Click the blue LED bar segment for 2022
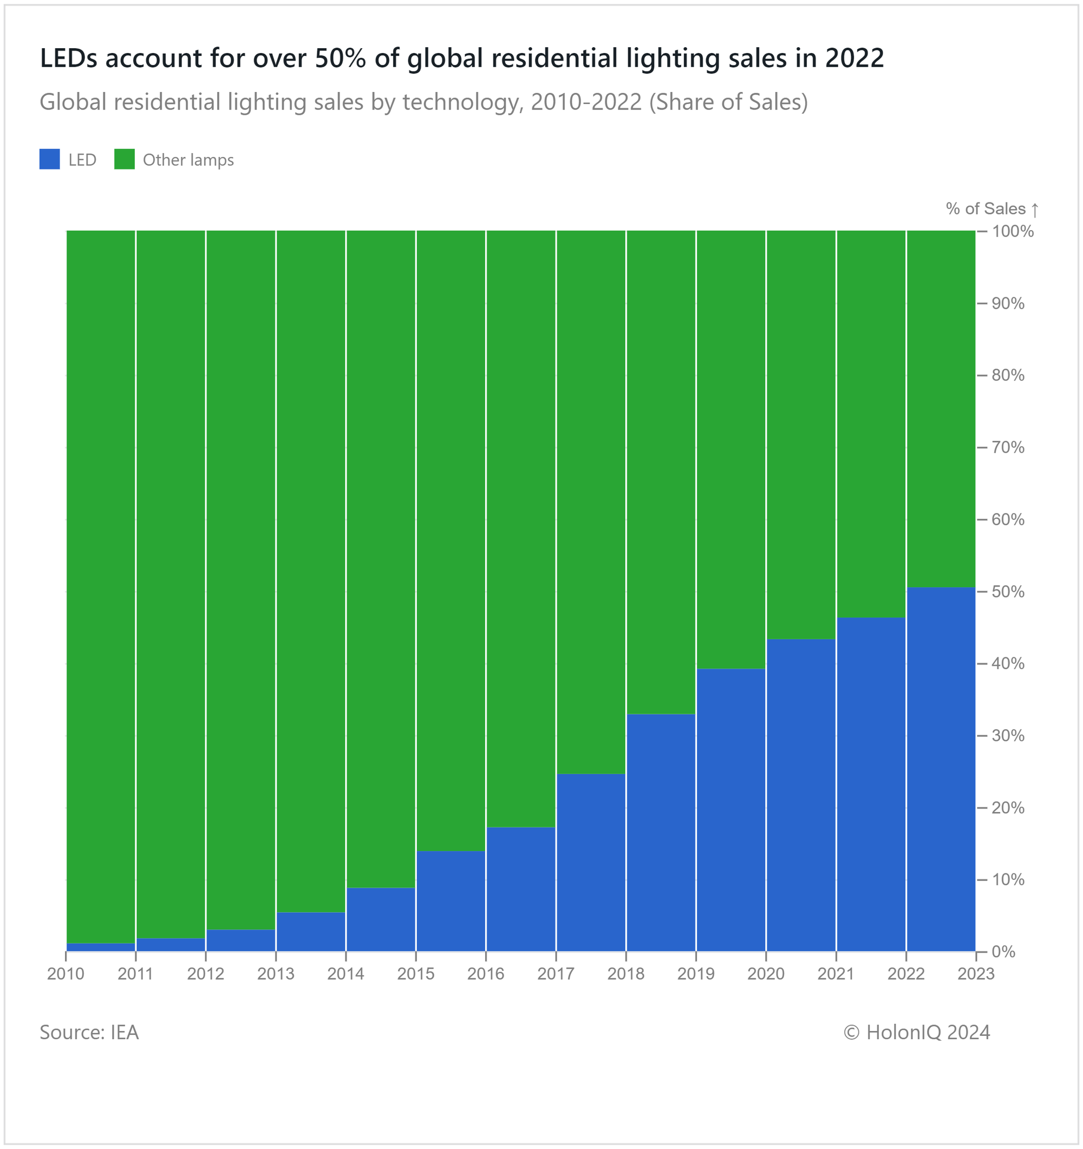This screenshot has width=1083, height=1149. pyautogui.click(x=941, y=769)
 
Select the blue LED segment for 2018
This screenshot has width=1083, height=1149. pyautogui.click(x=661, y=832)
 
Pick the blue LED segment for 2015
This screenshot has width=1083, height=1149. pyautogui.click(x=451, y=901)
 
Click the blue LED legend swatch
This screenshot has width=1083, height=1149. pyautogui.click(x=50, y=160)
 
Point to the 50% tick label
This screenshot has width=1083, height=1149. pyautogui.click(x=1008, y=591)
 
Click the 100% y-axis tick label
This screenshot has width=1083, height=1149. pyautogui.click(x=1013, y=231)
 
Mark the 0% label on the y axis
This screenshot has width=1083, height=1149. pyautogui.click(x=1003, y=951)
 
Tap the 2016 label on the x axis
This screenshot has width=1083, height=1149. pyautogui.click(x=485, y=975)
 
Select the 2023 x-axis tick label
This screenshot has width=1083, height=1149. pyautogui.click(x=975, y=975)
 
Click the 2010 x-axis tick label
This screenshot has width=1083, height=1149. pyautogui.click(x=66, y=975)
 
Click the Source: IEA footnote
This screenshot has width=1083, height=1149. pyautogui.click(x=89, y=1032)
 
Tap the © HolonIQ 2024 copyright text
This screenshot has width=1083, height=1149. pyautogui.click(x=917, y=1032)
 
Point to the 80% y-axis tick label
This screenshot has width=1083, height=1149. pyautogui.click(x=1008, y=375)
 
